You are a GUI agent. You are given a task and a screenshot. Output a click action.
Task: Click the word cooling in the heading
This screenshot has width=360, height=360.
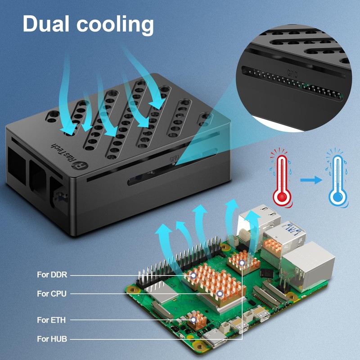click(117, 24)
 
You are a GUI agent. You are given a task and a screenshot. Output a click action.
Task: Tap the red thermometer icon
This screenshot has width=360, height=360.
click(282, 178)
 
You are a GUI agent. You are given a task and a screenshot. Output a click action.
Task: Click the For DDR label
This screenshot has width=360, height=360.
click(52, 274)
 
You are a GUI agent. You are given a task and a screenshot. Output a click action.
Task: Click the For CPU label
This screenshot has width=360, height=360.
click(52, 294)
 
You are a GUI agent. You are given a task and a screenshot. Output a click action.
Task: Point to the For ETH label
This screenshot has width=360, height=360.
click(51, 320)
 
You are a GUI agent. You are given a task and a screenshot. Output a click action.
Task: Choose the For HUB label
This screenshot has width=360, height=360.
click(52, 339)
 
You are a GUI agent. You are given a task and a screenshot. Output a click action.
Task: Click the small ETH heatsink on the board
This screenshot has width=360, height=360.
click(196, 320)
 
